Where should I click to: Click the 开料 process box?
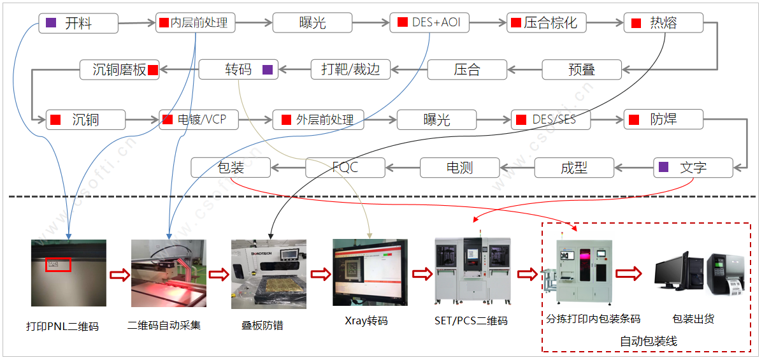pos(78,24)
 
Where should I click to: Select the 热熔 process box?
pos(663,24)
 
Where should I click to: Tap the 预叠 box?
pos(581,69)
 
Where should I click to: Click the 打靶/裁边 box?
pos(350,69)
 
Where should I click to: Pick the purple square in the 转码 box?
pos(268,69)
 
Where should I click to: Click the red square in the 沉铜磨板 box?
pos(152,69)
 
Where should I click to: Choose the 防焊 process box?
pos(663,119)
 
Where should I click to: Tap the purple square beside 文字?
pos(664,167)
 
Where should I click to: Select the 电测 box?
pos(459,168)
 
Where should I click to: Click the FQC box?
pos(345,168)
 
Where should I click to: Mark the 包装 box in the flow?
pos(230,168)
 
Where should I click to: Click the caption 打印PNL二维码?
pos(62,326)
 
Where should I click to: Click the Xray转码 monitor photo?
pos(370,272)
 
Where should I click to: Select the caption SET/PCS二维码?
pos(471,320)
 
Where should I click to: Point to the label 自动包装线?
pos(649,342)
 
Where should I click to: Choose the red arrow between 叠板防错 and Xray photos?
pos(319,274)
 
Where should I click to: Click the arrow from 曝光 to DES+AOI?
pos(371,24)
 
